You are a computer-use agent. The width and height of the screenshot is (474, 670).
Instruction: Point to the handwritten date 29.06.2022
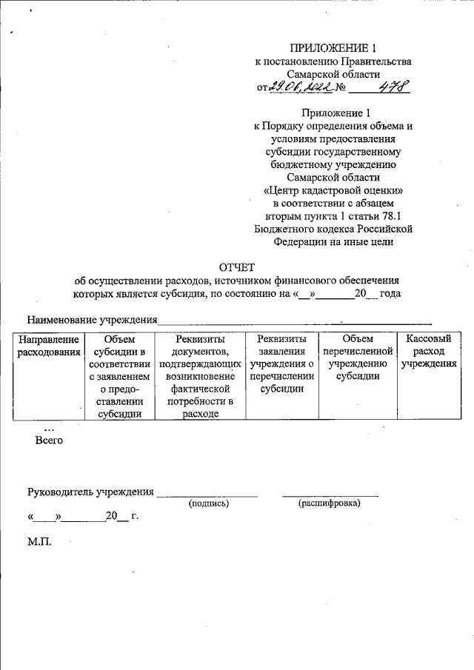(x=299, y=87)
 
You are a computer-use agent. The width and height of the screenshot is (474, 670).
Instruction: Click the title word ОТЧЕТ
(x=236, y=267)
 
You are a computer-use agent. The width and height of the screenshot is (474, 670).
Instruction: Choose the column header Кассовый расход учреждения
(x=429, y=352)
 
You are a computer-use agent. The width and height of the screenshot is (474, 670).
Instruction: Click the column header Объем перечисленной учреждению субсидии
(x=358, y=358)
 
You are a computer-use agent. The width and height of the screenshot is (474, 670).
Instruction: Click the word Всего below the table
(x=49, y=441)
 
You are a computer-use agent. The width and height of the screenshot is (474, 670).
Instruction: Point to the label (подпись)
(x=209, y=503)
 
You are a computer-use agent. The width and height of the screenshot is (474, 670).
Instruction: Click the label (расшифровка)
(x=329, y=503)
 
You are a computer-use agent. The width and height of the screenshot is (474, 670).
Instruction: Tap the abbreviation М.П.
(x=39, y=542)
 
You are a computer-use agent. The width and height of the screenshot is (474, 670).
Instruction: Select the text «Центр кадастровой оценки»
(x=333, y=190)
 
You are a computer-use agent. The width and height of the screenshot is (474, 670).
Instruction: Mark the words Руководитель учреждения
(x=90, y=492)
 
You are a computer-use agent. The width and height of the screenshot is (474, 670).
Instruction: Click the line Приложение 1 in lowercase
(x=333, y=113)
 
